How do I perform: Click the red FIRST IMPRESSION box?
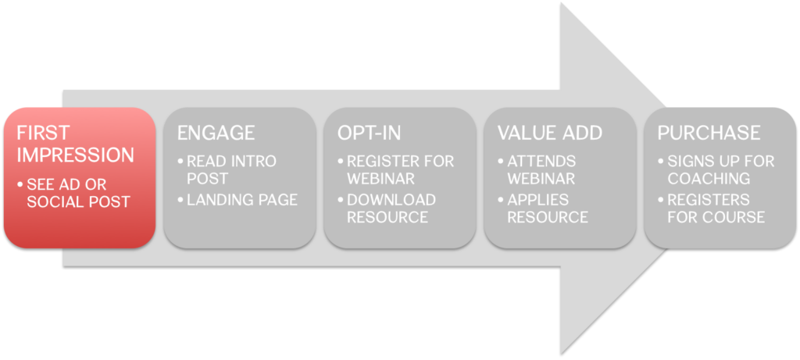click(x=80, y=178)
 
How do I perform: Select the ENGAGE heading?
click(x=216, y=133)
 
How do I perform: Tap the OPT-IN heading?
click(x=370, y=133)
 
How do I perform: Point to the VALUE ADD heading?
click(x=550, y=133)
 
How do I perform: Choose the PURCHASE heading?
click(x=709, y=133)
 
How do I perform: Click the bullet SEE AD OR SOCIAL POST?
click(x=73, y=193)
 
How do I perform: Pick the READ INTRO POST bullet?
click(x=227, y=169)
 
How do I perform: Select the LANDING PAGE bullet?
click(x=237, y=200)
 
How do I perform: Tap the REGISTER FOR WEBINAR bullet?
click(x=395, y=169)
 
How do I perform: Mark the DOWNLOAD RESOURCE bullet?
click(x=387, y=208)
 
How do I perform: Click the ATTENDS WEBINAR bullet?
click(x=537, y=169)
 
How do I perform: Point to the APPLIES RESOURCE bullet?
click(x=543, y=208)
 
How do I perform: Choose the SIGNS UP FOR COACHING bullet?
click(x=716, y=169)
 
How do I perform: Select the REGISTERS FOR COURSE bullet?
click(x=711, y=208)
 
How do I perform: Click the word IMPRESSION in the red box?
click(x=76, y=155)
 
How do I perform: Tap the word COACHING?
click(x=709, y=179)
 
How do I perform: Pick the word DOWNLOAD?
click(x=391, y=200)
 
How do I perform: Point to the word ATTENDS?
click(x=541, y=162)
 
